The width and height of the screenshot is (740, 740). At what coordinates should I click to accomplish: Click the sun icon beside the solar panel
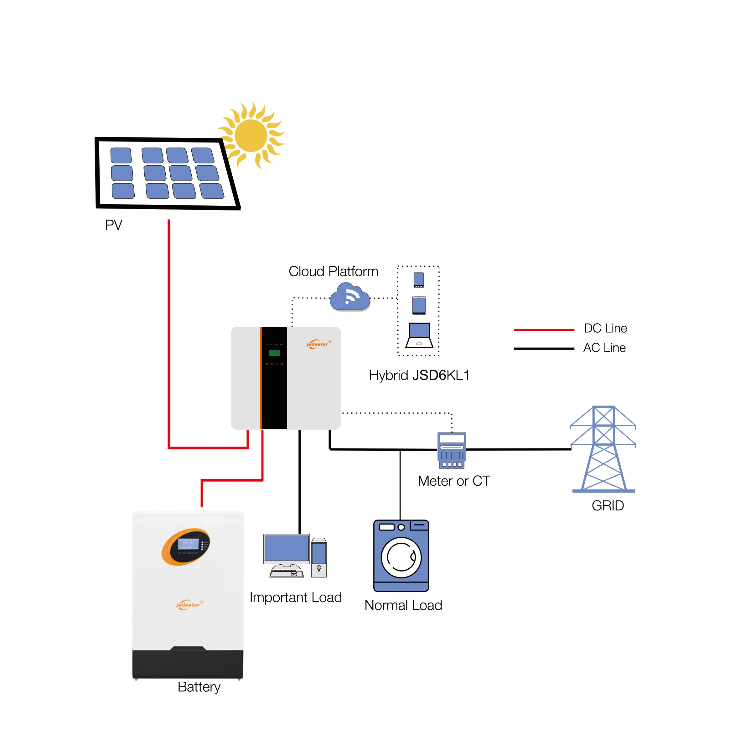pyautogui.click(x=251, y=135)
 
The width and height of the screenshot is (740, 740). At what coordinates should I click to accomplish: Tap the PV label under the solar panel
pyautogui.click(x=114, y=225)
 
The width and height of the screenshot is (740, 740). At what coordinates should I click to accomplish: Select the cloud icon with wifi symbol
pyautogui.click(x=350, y=297)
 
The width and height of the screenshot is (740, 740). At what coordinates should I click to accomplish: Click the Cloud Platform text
pyautogui.click(x=333, y=271)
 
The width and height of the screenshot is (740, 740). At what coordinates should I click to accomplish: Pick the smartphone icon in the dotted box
pyautogui.click(x=419, y=280)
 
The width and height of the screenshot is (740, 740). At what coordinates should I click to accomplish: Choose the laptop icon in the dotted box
pyautogui.click(x=419, y=335)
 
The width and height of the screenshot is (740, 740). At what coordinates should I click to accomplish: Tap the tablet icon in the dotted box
pyautogui.click(x=419, y=305)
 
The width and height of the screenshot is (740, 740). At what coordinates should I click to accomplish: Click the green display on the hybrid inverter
pyautogui.click(x=274, y=353)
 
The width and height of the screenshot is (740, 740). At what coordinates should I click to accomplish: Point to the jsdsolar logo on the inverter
pyautogui.click(x=318, y=344)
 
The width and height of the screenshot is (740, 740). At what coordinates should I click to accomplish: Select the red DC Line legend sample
pyautogui.click(x=544, y=330)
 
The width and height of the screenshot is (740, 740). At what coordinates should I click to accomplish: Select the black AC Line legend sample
pyautogui.click(x=544, y=349)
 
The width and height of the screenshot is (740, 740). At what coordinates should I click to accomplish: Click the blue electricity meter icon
pyautogui.click(x=452, y=450)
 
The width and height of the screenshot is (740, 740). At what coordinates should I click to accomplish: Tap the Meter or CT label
pyautogui.click(x=454, y=481)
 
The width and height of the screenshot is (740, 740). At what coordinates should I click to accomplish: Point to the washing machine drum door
pyautogui.click(x=401, y=557)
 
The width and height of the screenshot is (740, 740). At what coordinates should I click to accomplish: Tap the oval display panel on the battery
pyautogui.click(x=186, y=547)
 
